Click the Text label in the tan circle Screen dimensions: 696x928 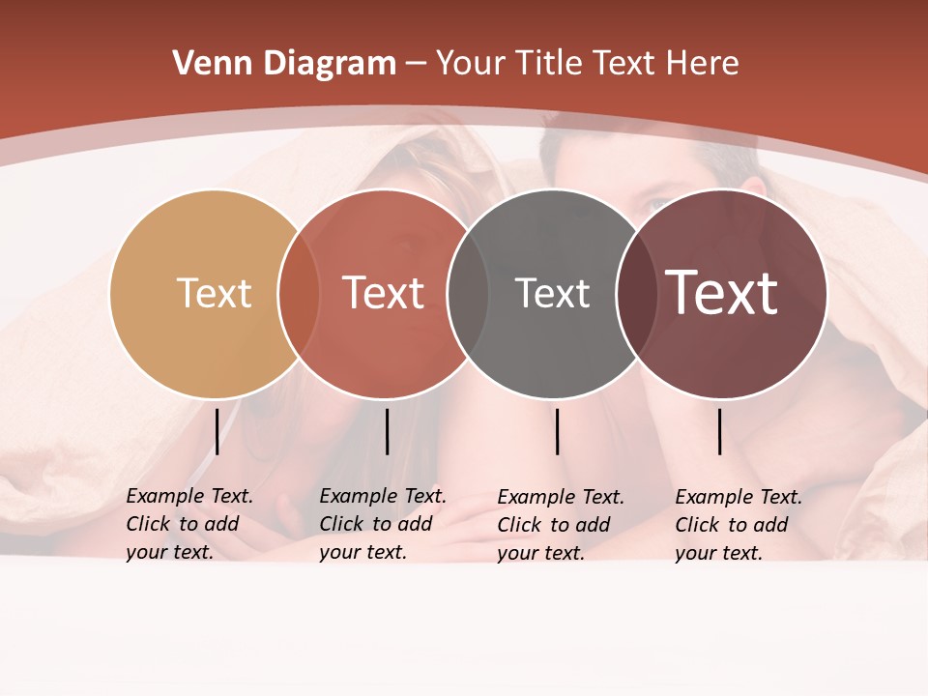pyautogui.click(x=214, y=293)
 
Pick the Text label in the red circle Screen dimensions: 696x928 pyautogui.click(x=383, y=293)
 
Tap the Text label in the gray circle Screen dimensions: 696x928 pyautogui.click(x=552, y=293)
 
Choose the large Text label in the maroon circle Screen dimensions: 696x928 pyautogui.click(x=722, y=293)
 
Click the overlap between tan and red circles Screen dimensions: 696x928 pyautogui.click(x=299, y=294)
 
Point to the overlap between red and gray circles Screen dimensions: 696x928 pyautogui.click(x=468, y=294)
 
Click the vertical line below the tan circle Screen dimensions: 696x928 pyautogui.click(x=217, y=431)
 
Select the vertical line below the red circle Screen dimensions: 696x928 pyautogui.click(x=387, y=431)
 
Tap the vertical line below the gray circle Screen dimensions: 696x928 pyautogui.click(x=557, y=431)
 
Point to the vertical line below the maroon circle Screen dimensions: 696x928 pyautogui.click(x=720, y=431)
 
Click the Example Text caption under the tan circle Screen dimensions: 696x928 pyautogui.click(x=189, y=524)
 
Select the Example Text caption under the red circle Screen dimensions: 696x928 pyautogui.click(x=383, y=524)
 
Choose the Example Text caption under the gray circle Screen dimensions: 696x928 pyautogui.click(x=561, y=525)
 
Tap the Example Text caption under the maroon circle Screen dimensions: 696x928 pyautogui.click(x=739, y=525)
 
